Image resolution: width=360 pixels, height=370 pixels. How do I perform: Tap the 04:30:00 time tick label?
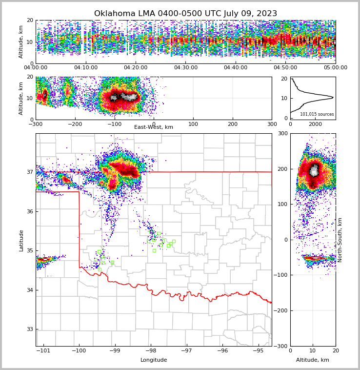point(185,68)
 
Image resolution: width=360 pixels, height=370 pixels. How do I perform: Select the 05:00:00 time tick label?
point(335,68)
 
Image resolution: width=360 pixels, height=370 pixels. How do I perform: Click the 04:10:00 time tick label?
point(86,68)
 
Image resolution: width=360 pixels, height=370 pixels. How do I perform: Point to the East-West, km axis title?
point(154,127)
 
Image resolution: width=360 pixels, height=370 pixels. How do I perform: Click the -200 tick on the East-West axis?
point(75,124)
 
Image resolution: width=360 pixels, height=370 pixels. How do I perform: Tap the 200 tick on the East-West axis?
point(232,124)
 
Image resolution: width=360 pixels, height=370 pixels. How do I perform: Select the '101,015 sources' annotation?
point(317,114)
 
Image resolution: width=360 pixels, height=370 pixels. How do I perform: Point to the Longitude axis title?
point(154,360)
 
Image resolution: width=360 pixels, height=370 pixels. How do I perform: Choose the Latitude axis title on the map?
point(21,240)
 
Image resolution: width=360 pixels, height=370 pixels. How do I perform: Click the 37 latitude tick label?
point(30,172)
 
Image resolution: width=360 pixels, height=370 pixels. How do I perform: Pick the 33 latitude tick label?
point(30,329)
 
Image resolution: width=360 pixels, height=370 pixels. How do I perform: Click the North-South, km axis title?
point(340,240)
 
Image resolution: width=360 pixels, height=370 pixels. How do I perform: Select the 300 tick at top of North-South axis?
point(282,133)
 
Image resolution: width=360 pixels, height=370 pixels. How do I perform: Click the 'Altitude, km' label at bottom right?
point(313,360)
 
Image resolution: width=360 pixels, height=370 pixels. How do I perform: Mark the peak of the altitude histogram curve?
point(333,98)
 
